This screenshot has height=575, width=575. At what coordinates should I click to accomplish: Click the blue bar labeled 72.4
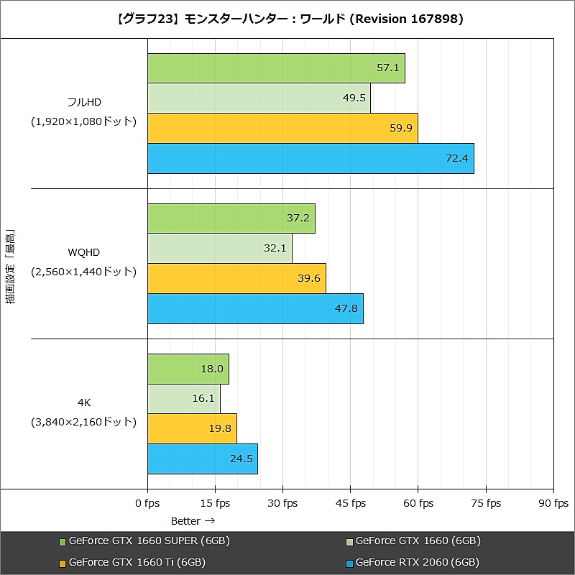[x=310, y=158]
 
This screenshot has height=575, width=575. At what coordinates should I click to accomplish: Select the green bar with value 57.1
[x=276, y=68]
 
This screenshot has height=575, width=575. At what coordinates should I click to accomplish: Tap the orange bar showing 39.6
[x=236, y=278]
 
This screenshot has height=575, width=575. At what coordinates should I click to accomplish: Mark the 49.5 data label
[x=355, y=98]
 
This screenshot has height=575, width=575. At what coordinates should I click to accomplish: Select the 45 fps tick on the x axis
[x=351, y=503]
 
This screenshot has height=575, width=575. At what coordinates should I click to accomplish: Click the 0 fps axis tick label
[x=147, y=503]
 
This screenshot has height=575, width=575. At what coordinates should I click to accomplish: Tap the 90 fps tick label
[x=553, y=503]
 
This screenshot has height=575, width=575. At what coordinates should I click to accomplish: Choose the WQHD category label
[x=84, y=252]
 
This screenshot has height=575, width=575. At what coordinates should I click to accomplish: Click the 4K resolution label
[x=84, y=403]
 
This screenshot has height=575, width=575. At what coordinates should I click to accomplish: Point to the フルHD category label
[x=84, y=102]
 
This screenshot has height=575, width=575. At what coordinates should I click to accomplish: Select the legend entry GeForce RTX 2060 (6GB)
[x=417, y=562]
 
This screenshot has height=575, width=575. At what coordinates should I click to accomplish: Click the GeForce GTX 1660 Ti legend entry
[x=137, y=562]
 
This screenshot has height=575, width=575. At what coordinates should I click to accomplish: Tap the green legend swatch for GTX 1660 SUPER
[x=63, y=541]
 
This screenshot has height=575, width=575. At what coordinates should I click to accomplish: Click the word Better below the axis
[x=186, y=520]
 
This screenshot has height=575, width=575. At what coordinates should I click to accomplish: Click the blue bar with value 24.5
[x=202, y=459]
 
